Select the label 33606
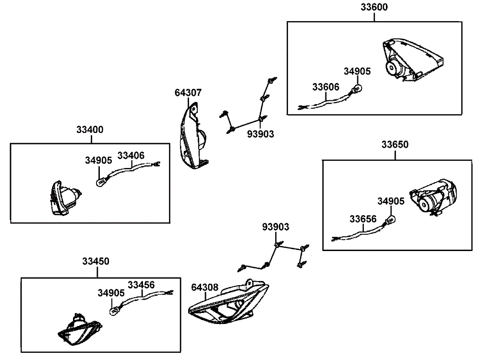click(325, 87)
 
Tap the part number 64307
click(188, 93)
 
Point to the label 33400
click(90, 130)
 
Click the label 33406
click(131, 156)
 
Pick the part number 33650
click(395, 144)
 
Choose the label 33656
click(363, 219)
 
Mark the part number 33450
click(96, 262)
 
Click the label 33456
click(141, 285)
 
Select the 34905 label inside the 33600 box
click(357, 72)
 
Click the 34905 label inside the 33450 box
click(111, 292)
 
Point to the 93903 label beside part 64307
click(261, 134)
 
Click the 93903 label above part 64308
click(276, 226)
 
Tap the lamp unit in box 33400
click(65, 198)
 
